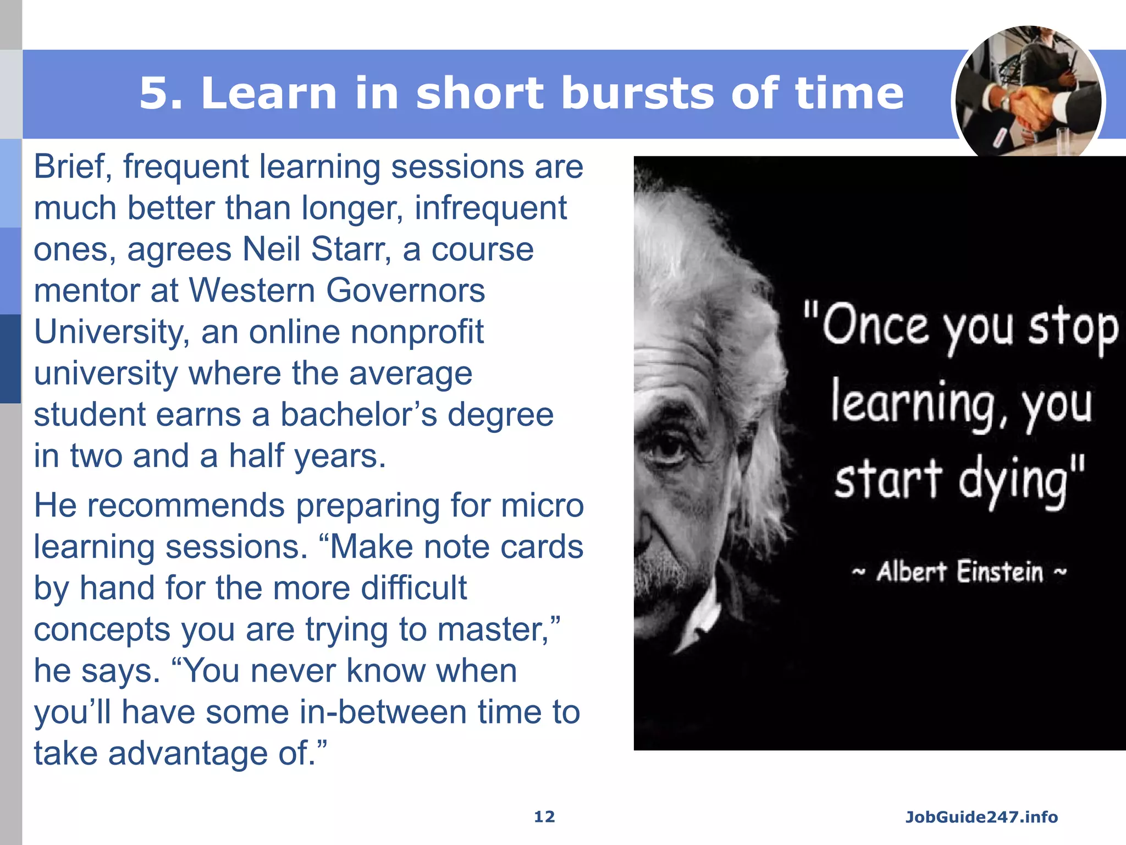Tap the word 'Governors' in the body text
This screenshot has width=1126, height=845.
pyautogui.click(x=406, y=291)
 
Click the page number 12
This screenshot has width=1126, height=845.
pyautogui.click(x=544, y=817)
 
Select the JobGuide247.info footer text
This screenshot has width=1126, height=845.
pyautogui.click(x=981, y=817)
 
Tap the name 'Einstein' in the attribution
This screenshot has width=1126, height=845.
pyautogui.click(x=1000, y=572)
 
